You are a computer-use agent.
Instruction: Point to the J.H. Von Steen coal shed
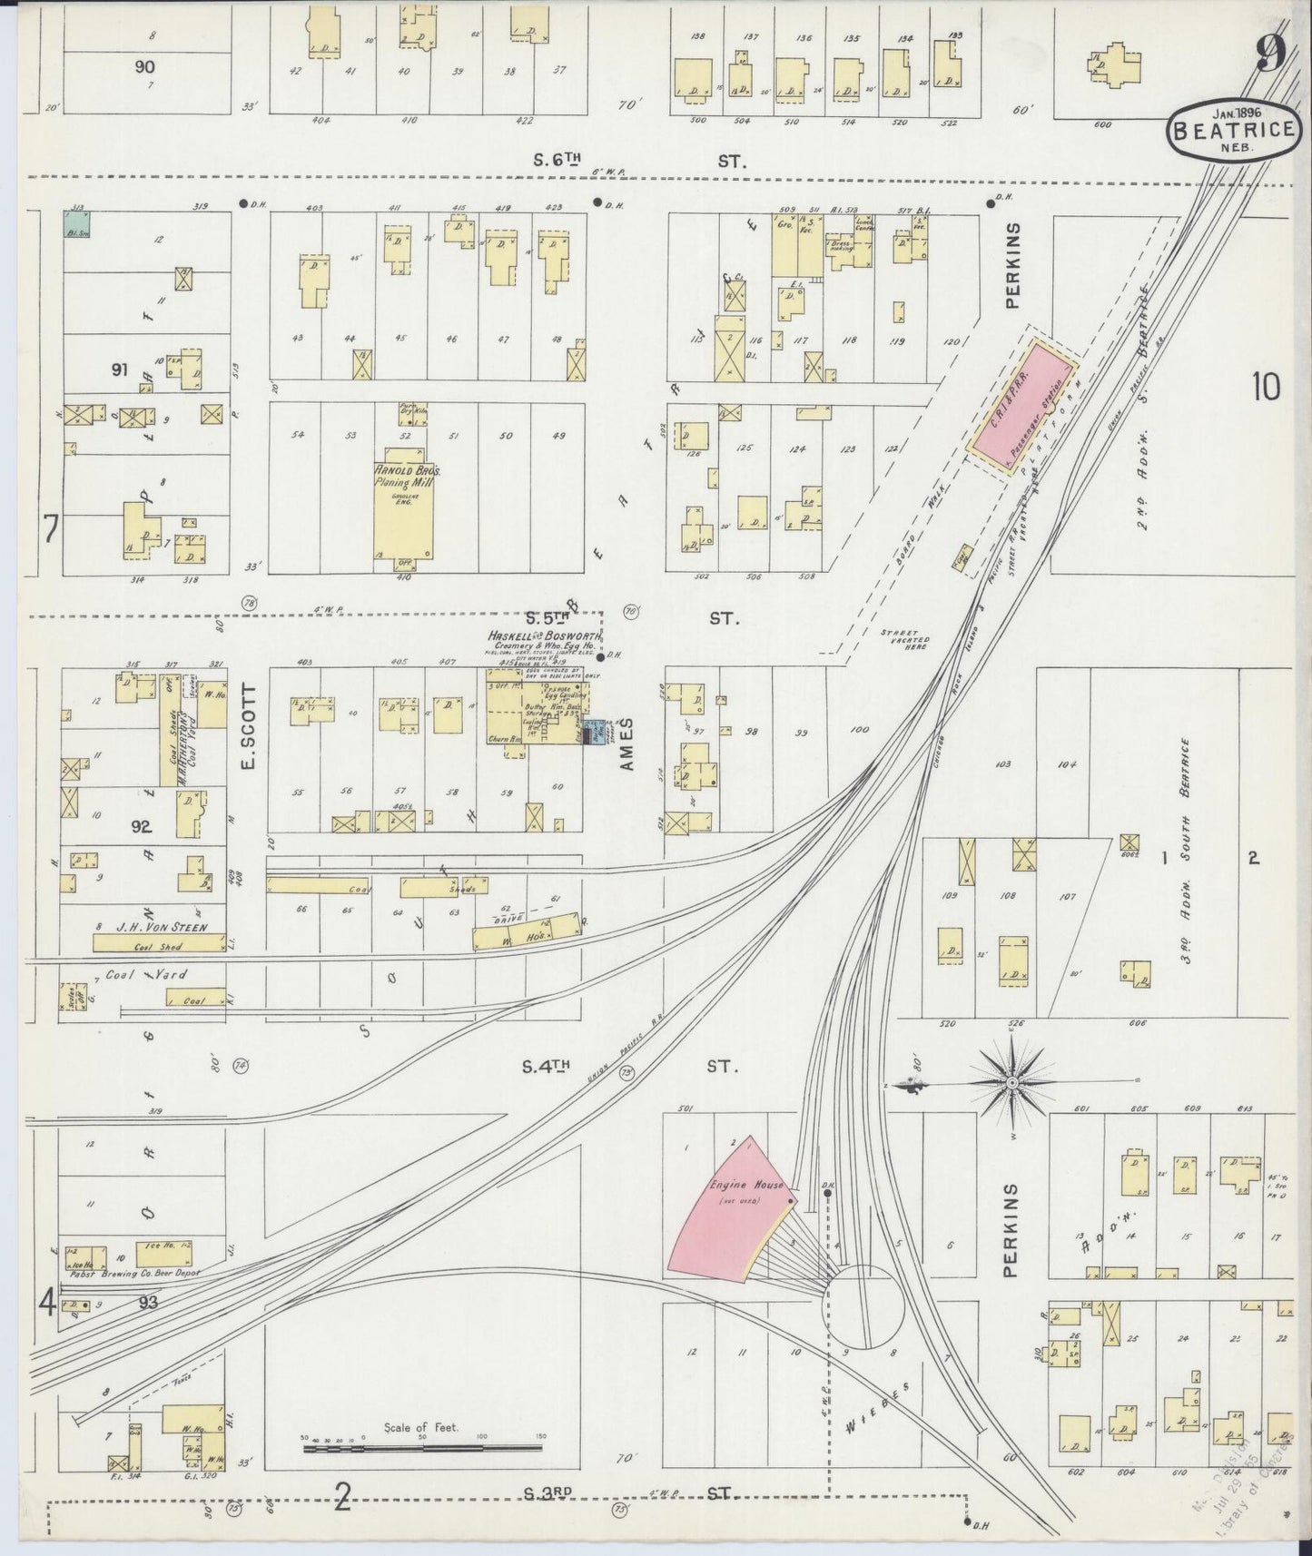[x=159, y=943]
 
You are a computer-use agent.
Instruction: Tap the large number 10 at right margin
[x=1265, y=388]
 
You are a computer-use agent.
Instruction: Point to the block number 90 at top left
[x=144, y=66]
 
